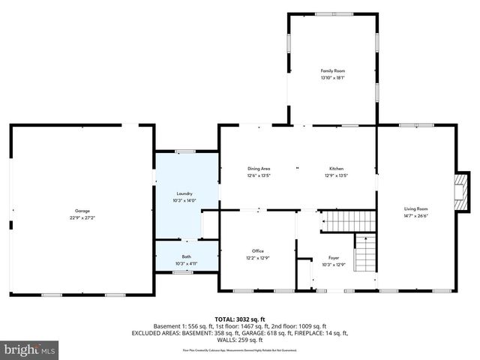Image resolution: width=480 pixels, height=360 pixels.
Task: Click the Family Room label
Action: point(332,70)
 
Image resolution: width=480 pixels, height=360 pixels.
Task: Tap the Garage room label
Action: point(82,211)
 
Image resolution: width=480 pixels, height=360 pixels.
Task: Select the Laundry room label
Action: point(184,193)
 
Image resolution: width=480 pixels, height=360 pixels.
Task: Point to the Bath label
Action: point(186,256)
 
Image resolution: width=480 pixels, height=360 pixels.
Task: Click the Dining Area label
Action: point(259,169)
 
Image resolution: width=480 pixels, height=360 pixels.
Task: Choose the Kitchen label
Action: point(336,169)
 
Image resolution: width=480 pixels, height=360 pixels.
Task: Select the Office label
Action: point(258,250)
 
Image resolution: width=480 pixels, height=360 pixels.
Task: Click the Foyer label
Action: point(334,257)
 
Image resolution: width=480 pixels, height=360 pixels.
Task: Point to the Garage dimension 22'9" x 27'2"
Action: point(82,217)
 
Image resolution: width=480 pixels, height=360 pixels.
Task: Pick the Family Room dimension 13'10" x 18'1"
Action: point(332,77)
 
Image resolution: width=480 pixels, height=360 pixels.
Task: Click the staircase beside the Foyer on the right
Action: point(364,253)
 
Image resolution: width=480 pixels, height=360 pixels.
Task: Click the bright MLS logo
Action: point(30,349)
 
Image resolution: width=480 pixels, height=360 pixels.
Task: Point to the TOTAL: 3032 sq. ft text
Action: point(240,319)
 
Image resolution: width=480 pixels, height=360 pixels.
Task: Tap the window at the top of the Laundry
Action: point(185,151)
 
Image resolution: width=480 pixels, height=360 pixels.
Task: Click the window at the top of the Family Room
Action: point(327,13)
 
